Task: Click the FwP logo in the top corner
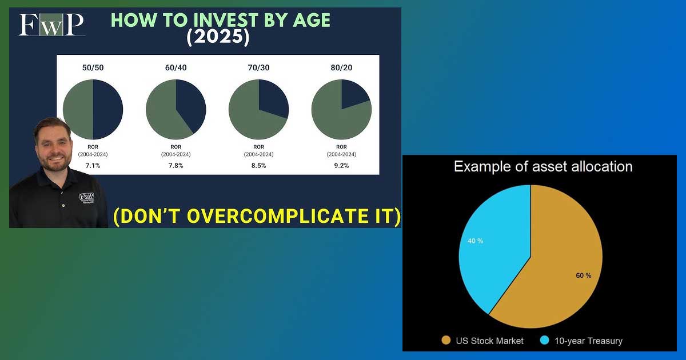click(51, 25)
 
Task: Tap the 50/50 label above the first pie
click(93, 67)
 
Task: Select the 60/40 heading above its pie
click(176, 67)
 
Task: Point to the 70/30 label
click(258, 67)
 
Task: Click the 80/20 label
click(341, 67)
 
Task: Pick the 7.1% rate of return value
click(93, 166)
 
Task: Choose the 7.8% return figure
click(176, 166)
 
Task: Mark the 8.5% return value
click(258, 166)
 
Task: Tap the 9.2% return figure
click(341, 166)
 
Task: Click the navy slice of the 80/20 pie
click(352, 93)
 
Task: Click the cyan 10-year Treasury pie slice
click(496, 245)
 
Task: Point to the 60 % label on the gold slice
click(584, 275)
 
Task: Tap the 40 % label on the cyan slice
click(475, 241)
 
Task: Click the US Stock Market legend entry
click(482, 341)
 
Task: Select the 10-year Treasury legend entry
click(581, 341)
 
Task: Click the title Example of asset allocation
click(543, 166)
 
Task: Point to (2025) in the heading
click(218, 37)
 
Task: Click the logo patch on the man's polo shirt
click(87, 198)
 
